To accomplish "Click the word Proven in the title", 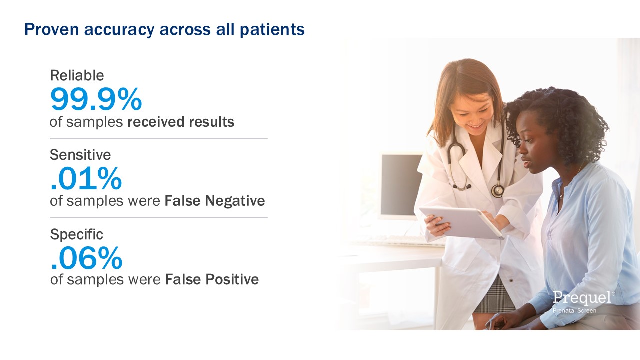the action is pos(51,29).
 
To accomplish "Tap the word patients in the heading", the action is pos(272,29).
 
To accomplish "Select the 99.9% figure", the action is pos(96,99).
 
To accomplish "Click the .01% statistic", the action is pos(86,178).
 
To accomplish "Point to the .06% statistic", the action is pos(86,258).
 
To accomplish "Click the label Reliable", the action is pos(77,75).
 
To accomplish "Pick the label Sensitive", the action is pos(80,155).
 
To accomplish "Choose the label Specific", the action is pos(77,235).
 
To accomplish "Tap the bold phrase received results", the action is pos(181,122).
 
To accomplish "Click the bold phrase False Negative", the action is pos(215,201).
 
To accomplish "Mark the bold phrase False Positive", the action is pos(212,279).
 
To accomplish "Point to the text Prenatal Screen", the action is pos(574,310).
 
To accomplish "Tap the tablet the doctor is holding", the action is pos(461,223).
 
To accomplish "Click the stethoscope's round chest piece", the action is pos(497,190).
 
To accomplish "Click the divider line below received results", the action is pos(159,139).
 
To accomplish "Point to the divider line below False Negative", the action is pos(159,217).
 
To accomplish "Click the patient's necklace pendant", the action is pos(561,196).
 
